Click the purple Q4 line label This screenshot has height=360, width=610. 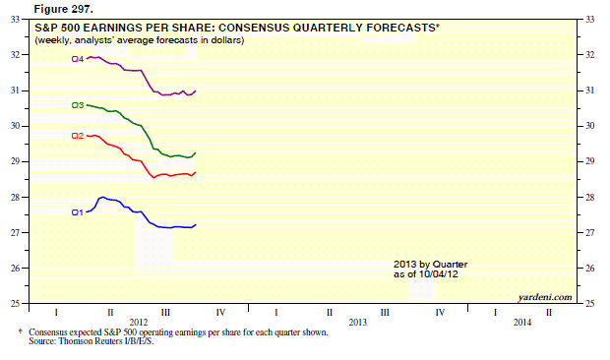[x=78, y=59]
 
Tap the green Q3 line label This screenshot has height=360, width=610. [x=78, y=105]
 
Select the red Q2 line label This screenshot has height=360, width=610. [x=78, y=136]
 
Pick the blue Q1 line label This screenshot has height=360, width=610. [x=78, y=212]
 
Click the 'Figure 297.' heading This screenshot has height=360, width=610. [x=64, y=9]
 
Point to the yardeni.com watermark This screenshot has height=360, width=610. [x=545, y=297]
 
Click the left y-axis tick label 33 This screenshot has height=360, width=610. [x=15, y=19]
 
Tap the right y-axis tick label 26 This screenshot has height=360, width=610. [x=589, y=268]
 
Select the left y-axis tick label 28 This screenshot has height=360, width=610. [x=15, y=197]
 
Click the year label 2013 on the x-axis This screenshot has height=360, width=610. [x=357, y=323]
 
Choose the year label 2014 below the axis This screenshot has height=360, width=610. [x=522, y=323]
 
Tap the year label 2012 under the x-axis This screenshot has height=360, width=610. [x=139, y=323]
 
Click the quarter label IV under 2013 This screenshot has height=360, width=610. [x=440, y=312]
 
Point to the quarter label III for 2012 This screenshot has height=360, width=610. [x=165, y=312]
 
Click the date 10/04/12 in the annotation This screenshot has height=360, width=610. [x=439, y=274]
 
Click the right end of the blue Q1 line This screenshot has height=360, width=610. [x=195, y=224]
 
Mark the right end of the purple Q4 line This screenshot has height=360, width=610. [x=195, y=90]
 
